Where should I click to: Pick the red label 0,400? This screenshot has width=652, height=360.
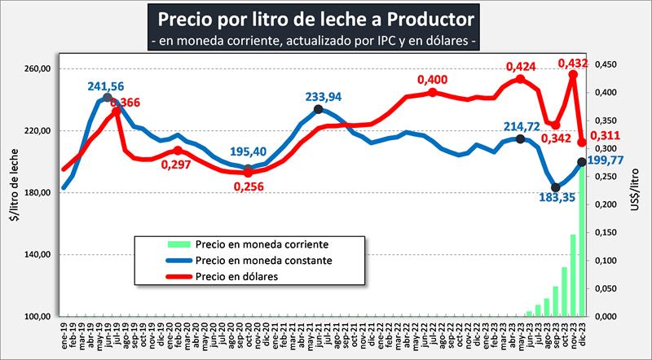[x=433, y=80]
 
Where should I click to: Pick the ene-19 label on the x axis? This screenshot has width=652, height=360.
[x=63, y=332]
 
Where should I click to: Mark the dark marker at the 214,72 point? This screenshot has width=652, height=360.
[x=521, y=138]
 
